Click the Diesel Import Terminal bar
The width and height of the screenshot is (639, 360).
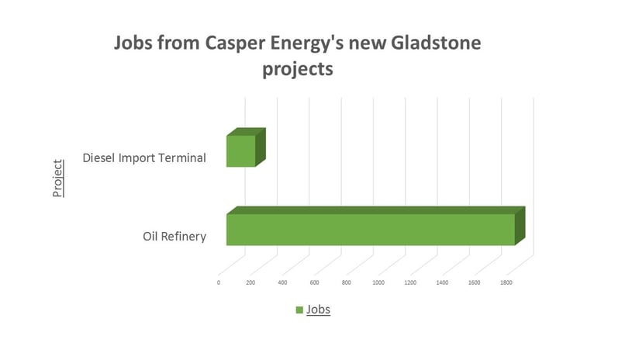pyautogui.click(x=246, y=147)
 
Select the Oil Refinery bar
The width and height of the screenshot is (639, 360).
pyautogui.click(x=376, y=227)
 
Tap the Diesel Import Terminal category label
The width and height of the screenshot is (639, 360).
pyautogui.click(x=144, y=157)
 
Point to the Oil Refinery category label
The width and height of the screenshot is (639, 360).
pyautogui.click(x=174, y=237)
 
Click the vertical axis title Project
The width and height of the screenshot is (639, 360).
pyautogui.click(x=58, y=178)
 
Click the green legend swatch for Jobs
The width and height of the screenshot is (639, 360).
pyautogui.click(x=299, y=310)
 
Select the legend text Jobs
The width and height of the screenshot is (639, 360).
pyautogui.click(x=318, y=310)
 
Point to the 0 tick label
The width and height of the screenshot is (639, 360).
pyautogui.click(x=219, y=282)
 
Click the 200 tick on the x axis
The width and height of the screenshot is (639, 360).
pyautogui.click(x=250, y=282)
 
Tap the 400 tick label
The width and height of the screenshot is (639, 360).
pyautogui.click(x=282, y=282)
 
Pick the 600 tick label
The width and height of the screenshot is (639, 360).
pyautogui.click(x=314, y=282)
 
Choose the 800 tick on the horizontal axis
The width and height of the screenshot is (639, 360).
pyautogui.click(x=347, y=282)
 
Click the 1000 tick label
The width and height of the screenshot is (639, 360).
pyautogui.click(x=378, y=282)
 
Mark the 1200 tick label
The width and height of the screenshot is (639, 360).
pyautogui.click(x=410, y=282)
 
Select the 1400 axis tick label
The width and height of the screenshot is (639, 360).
pyautogui.click(x=442, y=282)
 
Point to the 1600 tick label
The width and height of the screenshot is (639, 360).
pyautogui.click(x=474, y=282)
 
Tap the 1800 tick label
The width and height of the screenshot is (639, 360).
pyautogui.click(x=506, y=282)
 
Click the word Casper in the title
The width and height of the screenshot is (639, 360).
pyautogui.click(x=235, y=43)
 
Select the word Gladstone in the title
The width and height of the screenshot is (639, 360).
pyautogui.click(x=436, y=43)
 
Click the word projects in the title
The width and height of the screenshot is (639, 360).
pyautogui.click(x=298, y=69)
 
